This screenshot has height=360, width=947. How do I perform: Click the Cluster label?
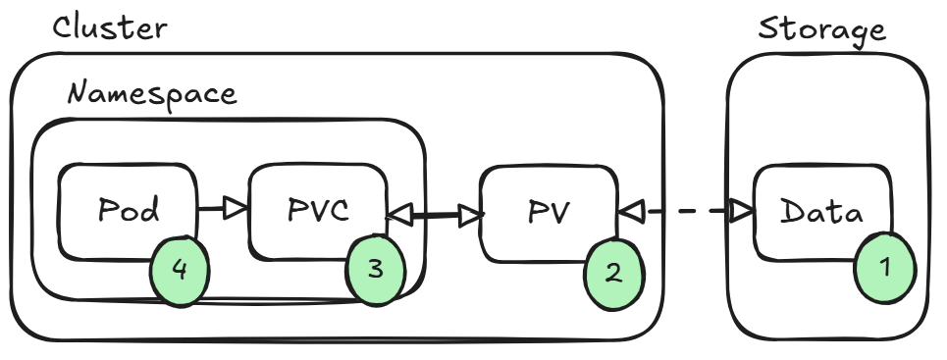pos(110,27)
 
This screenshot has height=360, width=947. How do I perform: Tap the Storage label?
pos(821,29)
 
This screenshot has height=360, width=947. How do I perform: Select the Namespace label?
pos(152,94)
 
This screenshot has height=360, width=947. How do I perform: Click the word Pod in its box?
pos(130,210)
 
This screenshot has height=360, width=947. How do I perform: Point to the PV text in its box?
pos(549,213)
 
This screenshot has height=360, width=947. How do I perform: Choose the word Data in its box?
pos(822,213)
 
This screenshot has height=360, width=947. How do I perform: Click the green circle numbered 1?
pos(884,268)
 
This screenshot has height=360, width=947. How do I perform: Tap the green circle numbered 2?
pos(613,273)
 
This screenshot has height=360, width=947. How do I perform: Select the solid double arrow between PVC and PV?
pos(434,213)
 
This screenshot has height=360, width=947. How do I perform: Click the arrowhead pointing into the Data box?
pos(741,210)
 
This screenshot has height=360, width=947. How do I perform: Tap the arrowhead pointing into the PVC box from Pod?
pos(237,209)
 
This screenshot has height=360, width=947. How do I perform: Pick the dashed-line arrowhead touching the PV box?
pos(629,210)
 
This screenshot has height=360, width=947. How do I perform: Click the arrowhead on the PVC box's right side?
pos(399,212)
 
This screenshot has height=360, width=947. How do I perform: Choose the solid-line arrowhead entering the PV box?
pos(469,214)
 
